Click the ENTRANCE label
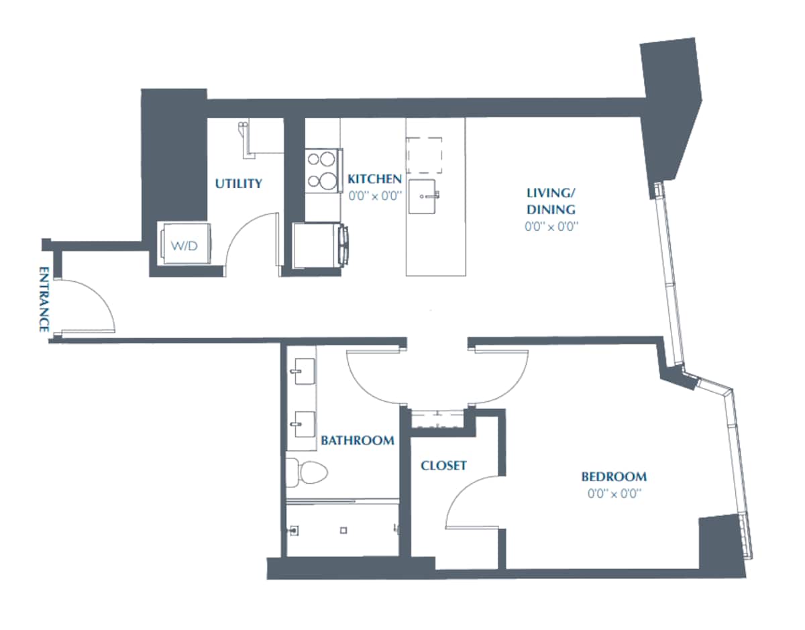44,300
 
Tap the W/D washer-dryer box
184,246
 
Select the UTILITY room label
238,184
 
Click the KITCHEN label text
374,179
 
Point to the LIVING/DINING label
551,201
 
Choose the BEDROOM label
614,477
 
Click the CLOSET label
443,466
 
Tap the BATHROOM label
357,441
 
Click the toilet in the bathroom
306,472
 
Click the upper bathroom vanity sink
303,370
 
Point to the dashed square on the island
424,154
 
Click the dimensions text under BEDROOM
614,494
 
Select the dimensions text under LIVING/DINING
551,227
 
